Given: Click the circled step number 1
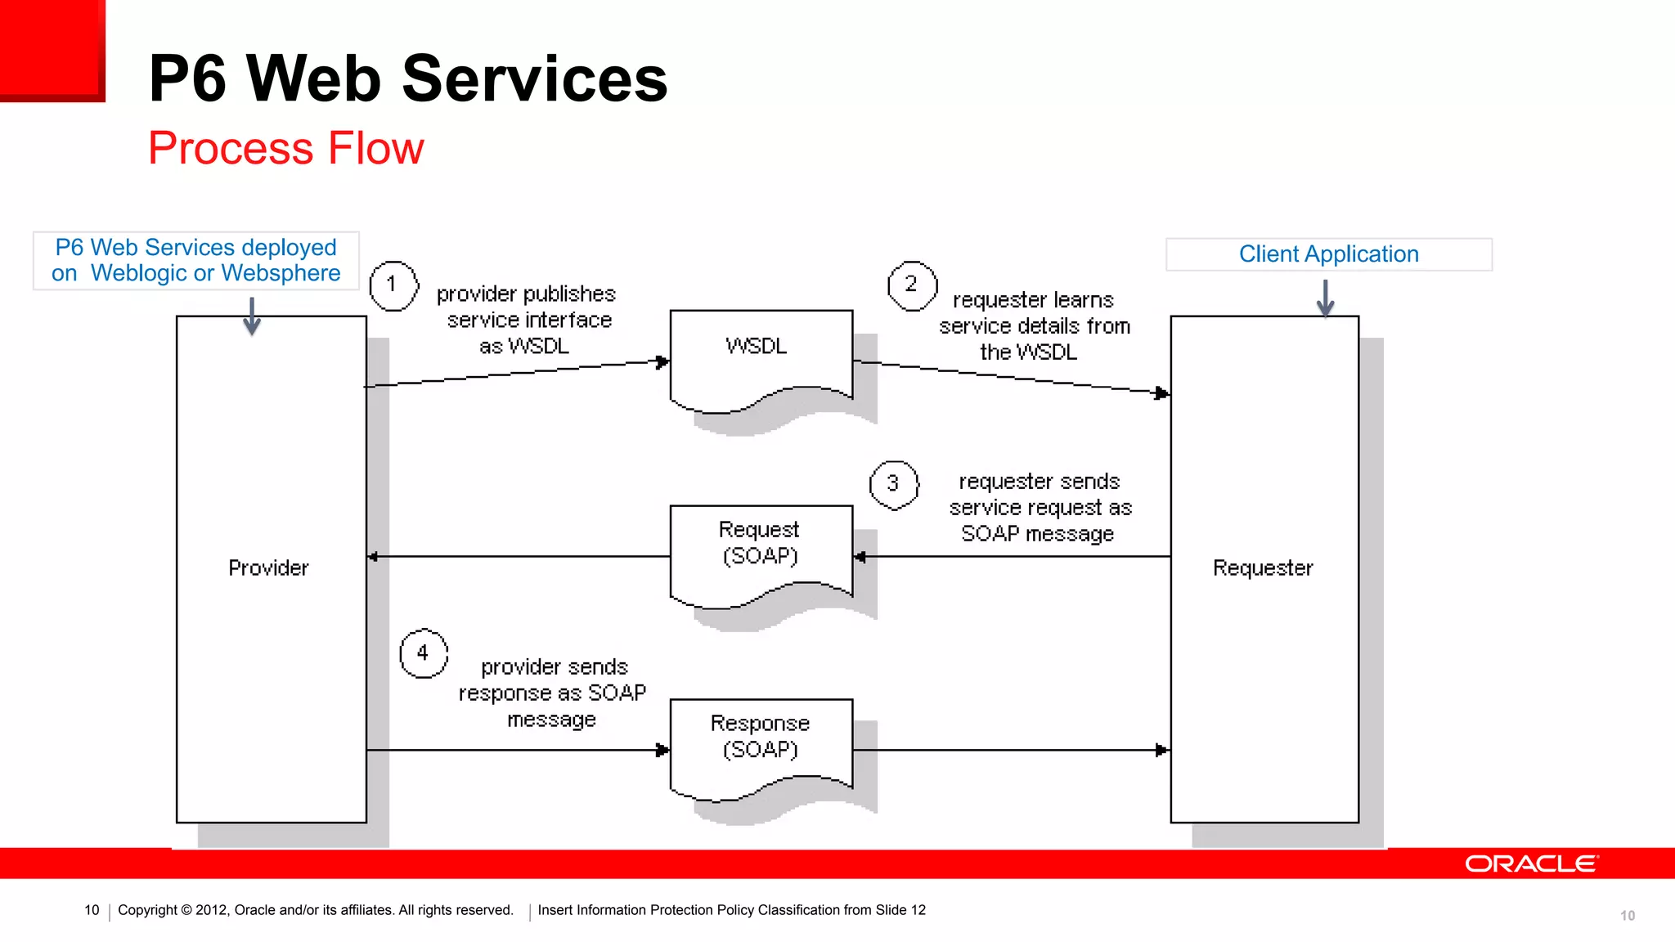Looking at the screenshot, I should (393, 285).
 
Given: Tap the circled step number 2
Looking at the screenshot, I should (912, 285).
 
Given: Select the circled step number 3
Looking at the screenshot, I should (893, 484).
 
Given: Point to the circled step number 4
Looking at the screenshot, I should (424, 653).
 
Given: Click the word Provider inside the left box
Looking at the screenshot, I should (268, 567).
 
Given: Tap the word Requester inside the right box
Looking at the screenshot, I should (1263, 567).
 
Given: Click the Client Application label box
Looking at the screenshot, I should (1328, 254).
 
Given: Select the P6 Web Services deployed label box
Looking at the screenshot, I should (196, 260).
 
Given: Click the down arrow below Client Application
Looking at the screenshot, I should (1326, 298).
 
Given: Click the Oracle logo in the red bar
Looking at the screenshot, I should (1530, 863).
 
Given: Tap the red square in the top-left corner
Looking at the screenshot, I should (52, 49).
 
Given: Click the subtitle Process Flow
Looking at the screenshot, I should (286, 148).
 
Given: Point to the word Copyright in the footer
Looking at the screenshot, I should (147, 910).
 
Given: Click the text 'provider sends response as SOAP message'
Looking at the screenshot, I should (552, 693).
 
